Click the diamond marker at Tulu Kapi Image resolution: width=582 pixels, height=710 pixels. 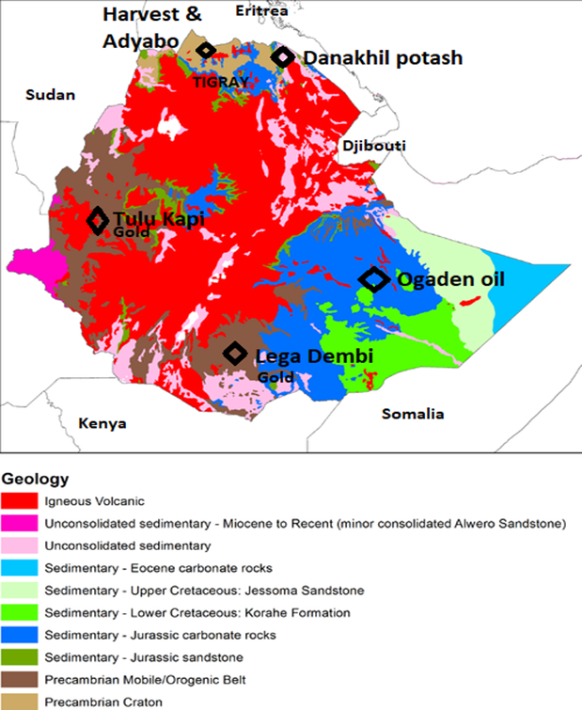click(98, 221)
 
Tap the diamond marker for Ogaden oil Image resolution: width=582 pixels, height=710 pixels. click(374, 279)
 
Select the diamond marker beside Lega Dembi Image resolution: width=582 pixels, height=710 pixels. click(234, 354)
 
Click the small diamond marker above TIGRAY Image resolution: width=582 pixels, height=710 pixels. click(206, 50)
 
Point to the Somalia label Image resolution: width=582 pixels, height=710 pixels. click(413, 415)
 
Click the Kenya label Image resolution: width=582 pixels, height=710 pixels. click(102, 423)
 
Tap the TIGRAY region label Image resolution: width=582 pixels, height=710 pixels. click(221, 82)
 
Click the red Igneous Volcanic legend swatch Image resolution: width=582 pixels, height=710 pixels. click(24, 501)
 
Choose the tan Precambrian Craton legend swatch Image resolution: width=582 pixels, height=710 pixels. click(24, 701)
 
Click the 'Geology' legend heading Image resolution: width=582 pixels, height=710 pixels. click(35, 479)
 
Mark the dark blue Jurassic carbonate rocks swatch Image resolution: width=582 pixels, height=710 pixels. click(24, 635)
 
